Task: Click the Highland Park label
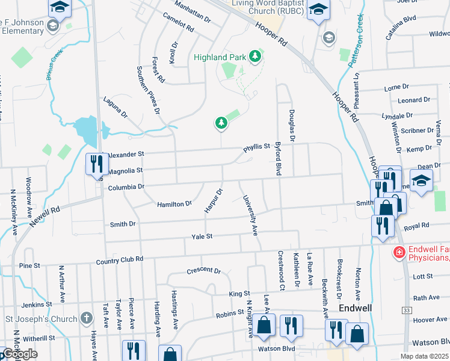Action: pos(219,57)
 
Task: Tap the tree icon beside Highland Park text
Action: pos(256,57)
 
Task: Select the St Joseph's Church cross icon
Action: pos(87,318)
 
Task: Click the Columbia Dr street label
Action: pos(126,187)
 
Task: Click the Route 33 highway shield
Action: pos(407,310)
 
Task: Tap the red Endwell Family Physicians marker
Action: pos(398,251)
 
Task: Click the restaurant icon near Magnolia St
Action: pos(97,163)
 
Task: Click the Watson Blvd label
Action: pos(276,348)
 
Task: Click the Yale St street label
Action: pos(202,236)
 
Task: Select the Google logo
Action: pos(19,354)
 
